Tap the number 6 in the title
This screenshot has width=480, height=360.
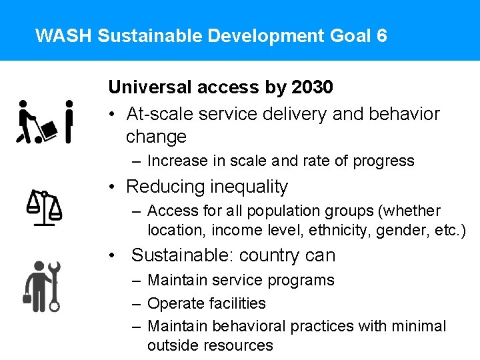pyautogui.click(x=381, y=35)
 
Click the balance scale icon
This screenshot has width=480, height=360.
pyautogui.click(x=44, y=207)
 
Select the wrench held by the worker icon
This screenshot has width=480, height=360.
pyautogui.click(x=54, y=287)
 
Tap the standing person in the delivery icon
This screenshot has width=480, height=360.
pyautogui.click(x=69, y=121)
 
